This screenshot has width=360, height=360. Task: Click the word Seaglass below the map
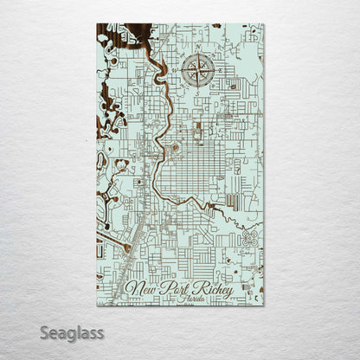pyautogui.click(x=75, y=332)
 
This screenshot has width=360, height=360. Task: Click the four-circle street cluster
pyautogui.click(x=251, y=235)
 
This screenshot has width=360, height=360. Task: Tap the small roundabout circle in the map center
pyautogui.click(x=175, y=148)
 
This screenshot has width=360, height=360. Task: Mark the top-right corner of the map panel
pyautogui.click(x=263, y=24)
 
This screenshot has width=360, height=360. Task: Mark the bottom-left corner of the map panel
pyautogui.click(x=96, y=305)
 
